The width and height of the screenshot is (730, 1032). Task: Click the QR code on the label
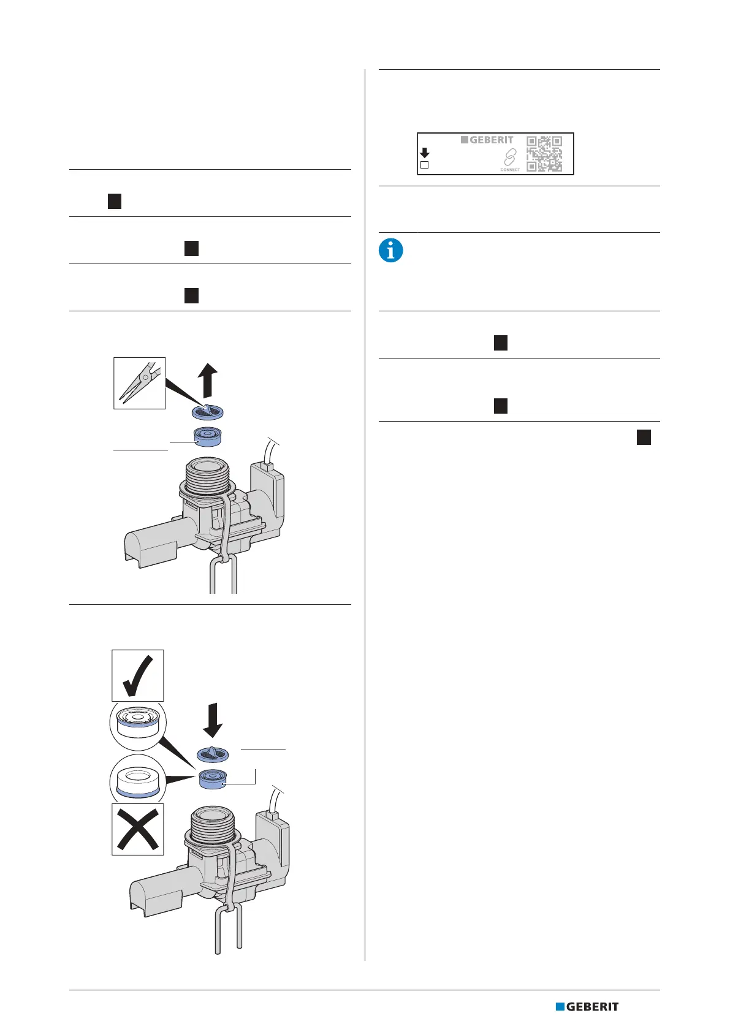[544, 153]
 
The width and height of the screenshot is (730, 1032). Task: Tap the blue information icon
[391, 251]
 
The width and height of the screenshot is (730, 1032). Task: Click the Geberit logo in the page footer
[587, 1006]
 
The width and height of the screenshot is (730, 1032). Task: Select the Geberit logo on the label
[487, 140]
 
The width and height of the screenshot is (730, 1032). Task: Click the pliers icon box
[140, 383]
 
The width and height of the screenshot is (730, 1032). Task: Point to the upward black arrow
[210, 379]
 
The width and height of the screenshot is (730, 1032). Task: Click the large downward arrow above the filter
[213, 719]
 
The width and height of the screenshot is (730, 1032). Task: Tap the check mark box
[138, 675]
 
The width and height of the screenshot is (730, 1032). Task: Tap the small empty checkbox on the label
[424, 165]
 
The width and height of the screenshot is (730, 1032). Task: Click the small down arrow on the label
[424, 153]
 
